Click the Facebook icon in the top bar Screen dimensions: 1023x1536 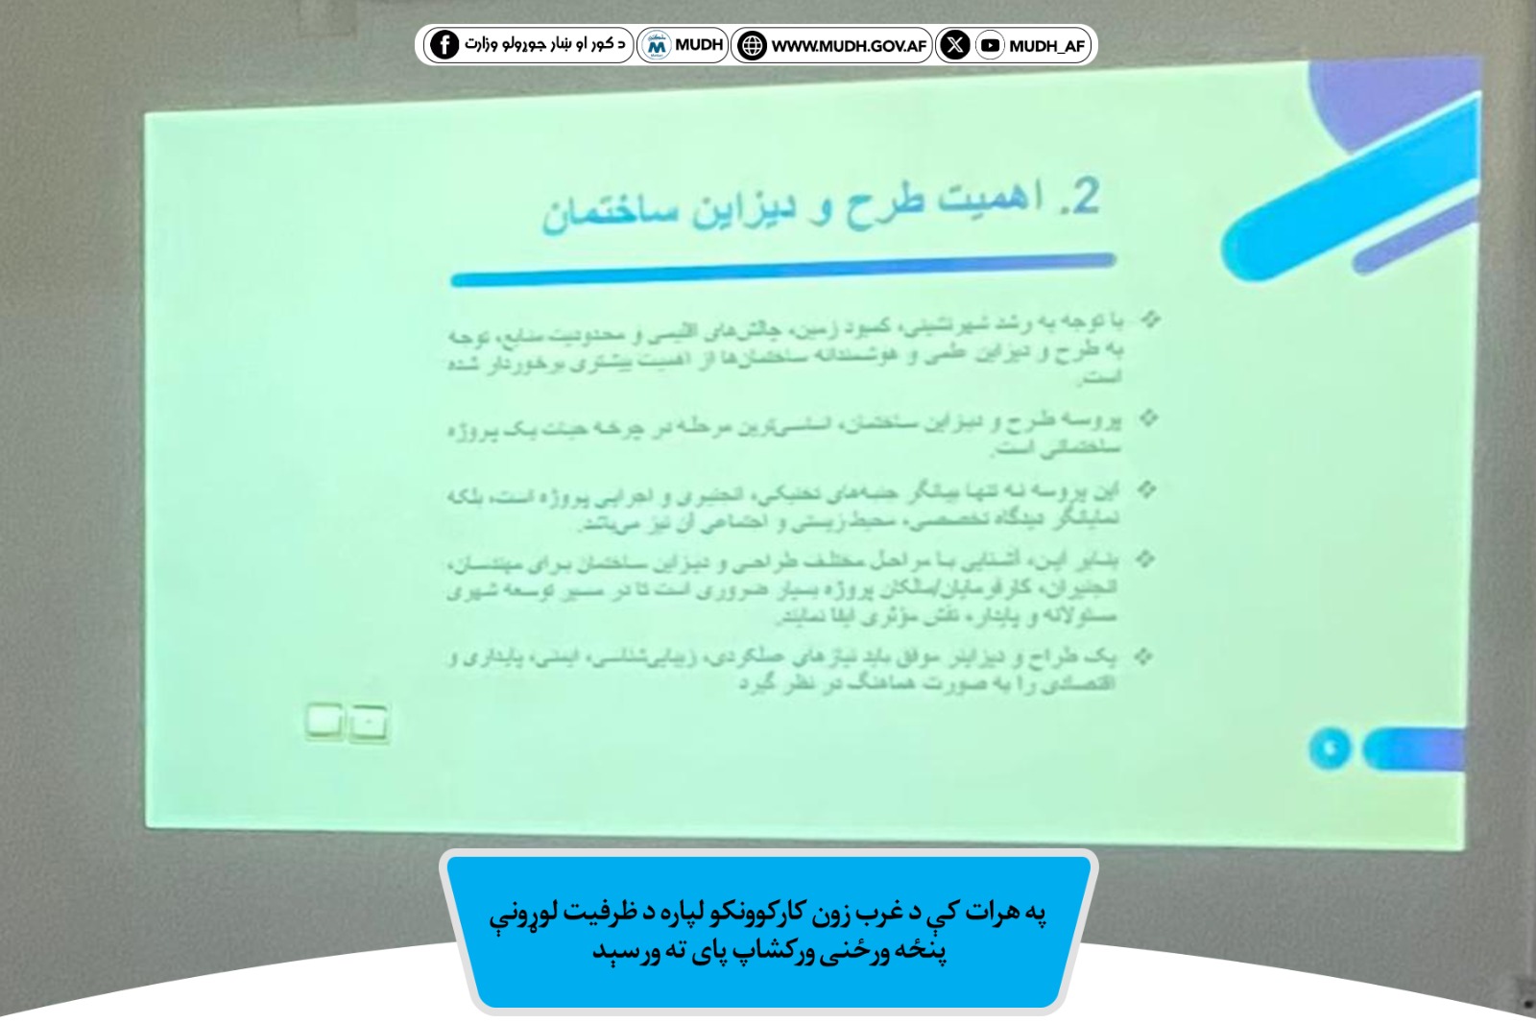(x=444, y=44)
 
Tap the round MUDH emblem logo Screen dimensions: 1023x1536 (x=657, y=44)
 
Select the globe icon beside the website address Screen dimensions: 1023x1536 (x=752, y=45)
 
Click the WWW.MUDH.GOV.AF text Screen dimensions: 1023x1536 (x=849, y=45)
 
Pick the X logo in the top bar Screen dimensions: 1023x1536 (x=954, y=44)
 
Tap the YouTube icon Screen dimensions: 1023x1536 (x=990, y=45)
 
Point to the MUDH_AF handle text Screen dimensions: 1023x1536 (x=1046, y=45)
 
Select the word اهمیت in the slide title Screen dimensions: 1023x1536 (x=989, y=199)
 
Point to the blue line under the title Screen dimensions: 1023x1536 (x=782, y=268)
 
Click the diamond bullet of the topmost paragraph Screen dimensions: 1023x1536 (x=1149, y=319)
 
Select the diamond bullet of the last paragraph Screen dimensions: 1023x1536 (x=1142, y=656)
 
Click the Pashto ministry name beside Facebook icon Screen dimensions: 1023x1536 (x=544, y=44)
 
